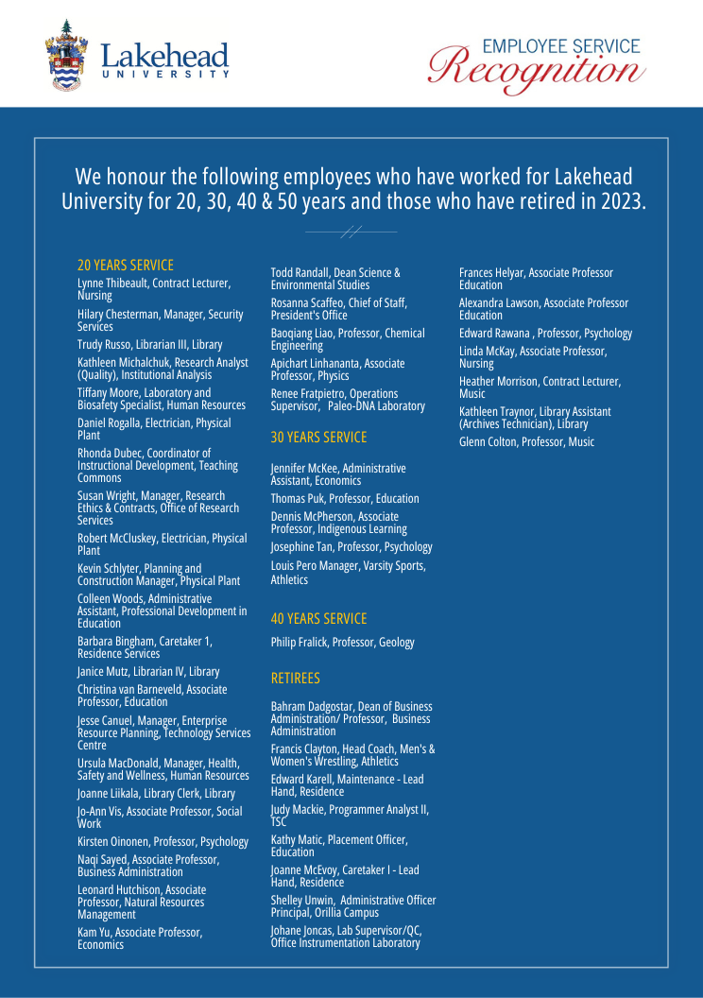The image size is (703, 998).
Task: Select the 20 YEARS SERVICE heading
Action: tap(126, 266)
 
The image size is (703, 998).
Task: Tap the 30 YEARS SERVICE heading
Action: tap(318, 438)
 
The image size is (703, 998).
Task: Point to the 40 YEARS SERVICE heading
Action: tap(318, 619)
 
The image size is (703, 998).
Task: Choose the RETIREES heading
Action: tap(296, 679)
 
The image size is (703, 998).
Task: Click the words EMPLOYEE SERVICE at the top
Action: tap(560, 46)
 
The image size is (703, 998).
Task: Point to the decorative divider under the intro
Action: tap(351, 232)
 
